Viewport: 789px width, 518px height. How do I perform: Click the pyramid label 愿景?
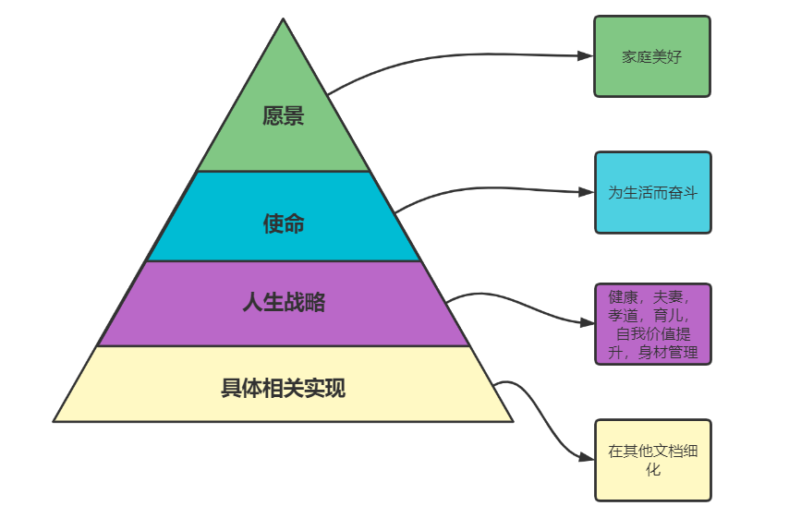point(284,116)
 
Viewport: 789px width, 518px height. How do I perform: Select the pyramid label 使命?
point(284,223)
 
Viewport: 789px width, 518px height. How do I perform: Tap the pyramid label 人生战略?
point(284,302)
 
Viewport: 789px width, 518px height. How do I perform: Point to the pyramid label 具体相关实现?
point(284,388)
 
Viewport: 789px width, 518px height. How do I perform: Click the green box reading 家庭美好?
point(652,56)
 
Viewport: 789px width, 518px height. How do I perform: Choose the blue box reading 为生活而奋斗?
point(652,192)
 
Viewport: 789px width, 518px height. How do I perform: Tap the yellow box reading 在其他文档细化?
point(652,460)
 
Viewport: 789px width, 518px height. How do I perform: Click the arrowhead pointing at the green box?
point(586,55)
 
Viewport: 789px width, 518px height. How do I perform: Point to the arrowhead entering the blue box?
point(586,192)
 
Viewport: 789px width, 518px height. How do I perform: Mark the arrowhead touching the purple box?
point(586,323)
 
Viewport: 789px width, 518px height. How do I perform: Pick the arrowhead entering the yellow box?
point(586,457)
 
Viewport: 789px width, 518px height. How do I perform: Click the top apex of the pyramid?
point(284,19)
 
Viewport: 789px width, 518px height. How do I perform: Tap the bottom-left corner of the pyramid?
point(55,420)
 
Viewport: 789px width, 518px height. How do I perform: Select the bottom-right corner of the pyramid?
point(511,420)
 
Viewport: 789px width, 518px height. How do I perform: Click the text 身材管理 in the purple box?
point(668,352)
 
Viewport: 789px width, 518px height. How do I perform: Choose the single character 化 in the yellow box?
point(653,470)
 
